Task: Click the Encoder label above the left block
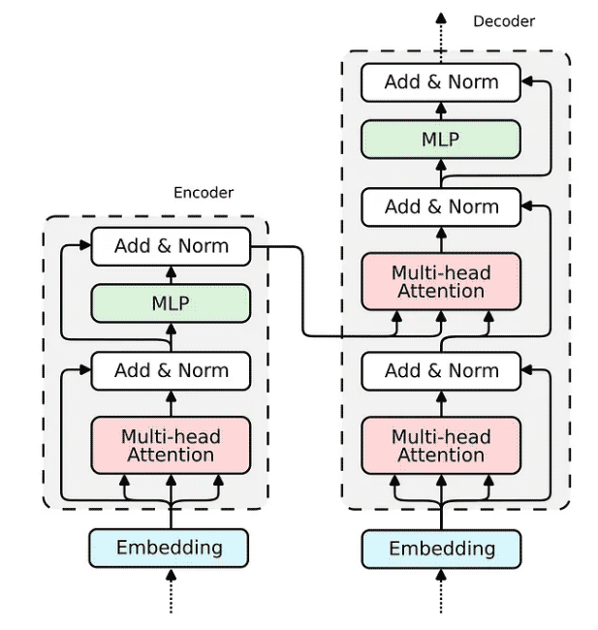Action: pyautogui.click(x=204, y=192)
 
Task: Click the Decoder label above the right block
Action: pyautogui.click(x=503, y=20)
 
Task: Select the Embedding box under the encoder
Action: pyautogui.click(x=170, y=548)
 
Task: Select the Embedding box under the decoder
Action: pyautogui.click(x=442, y=549)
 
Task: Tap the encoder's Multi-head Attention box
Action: pyautogui.click(x=171, y=445)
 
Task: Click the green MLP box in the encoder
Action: pyautogui.click(x=171, y=303)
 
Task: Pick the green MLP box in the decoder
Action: pyautogui.click(x=441, y=139)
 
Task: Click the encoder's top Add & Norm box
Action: pyautogui.click(x=171, y=246)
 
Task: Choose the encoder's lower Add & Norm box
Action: pyautogui.click(x=171, y=370)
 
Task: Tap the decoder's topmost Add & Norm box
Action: pyautogui.click(x=441, y=81)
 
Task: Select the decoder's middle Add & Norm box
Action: pyautogui.click(x=441, y=206)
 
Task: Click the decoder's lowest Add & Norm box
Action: pyautogui.click(x=441, y=370)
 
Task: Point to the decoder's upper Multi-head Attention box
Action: pyautogui.click(x=441, y=281)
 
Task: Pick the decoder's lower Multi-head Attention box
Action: pyautogui.click(x=441, y=445)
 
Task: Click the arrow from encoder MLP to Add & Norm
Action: pyautogui.click(x=171, y=275)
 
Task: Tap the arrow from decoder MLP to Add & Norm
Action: pyautogui.click(x=441, y=110)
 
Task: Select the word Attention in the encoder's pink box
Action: pyautogui.click(x=171, y=455)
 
